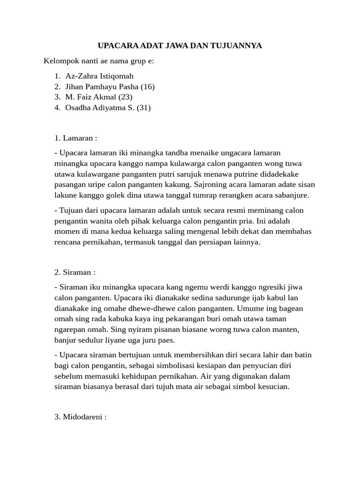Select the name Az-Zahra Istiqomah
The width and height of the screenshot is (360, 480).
[99, 75]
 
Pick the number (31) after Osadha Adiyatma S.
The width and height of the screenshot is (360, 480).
[143, 108]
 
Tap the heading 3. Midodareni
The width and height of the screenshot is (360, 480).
[81, 416]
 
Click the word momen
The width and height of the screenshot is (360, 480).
[66, 232]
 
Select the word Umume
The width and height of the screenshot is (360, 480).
[239, 308]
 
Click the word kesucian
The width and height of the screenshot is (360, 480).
[274, 387]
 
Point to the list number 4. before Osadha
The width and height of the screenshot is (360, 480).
[57, 108]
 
